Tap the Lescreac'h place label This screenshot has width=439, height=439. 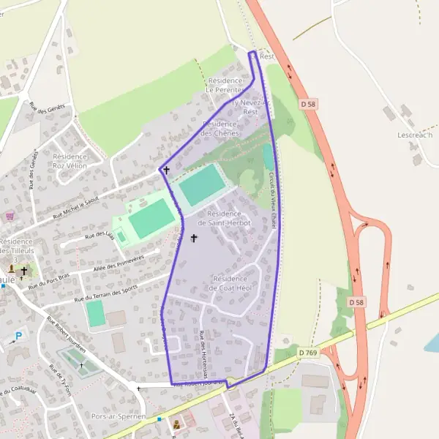pos(415,135)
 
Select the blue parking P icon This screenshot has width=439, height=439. pos(19,337)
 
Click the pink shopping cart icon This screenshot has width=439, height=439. pos(10,216)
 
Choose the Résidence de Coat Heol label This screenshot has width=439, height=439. pos(236,283)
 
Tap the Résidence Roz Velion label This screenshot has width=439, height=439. pos(70,161)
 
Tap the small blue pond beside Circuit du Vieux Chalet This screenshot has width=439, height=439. pos(267,156)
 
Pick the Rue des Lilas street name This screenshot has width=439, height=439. pos(100,235)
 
